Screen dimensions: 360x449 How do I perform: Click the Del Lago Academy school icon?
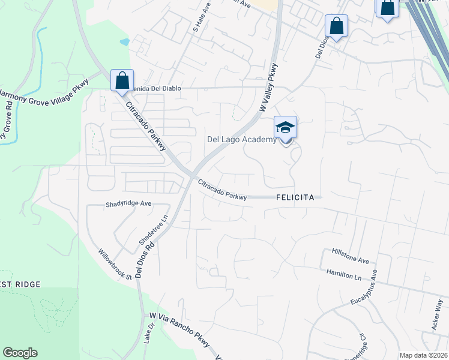[x=286, y=128]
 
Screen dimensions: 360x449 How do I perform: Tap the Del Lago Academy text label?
[x=242, y=140]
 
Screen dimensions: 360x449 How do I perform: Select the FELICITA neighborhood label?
[x=296, y=197]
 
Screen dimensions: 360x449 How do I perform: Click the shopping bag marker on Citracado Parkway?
[x=122, y=81]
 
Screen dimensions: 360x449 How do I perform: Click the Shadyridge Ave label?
[x=128, y=203]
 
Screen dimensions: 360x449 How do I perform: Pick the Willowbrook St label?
[x=115, y=265]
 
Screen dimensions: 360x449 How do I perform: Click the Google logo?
[x=20, y=353]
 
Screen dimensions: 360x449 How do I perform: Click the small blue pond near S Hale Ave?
[x=124, y=42]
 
